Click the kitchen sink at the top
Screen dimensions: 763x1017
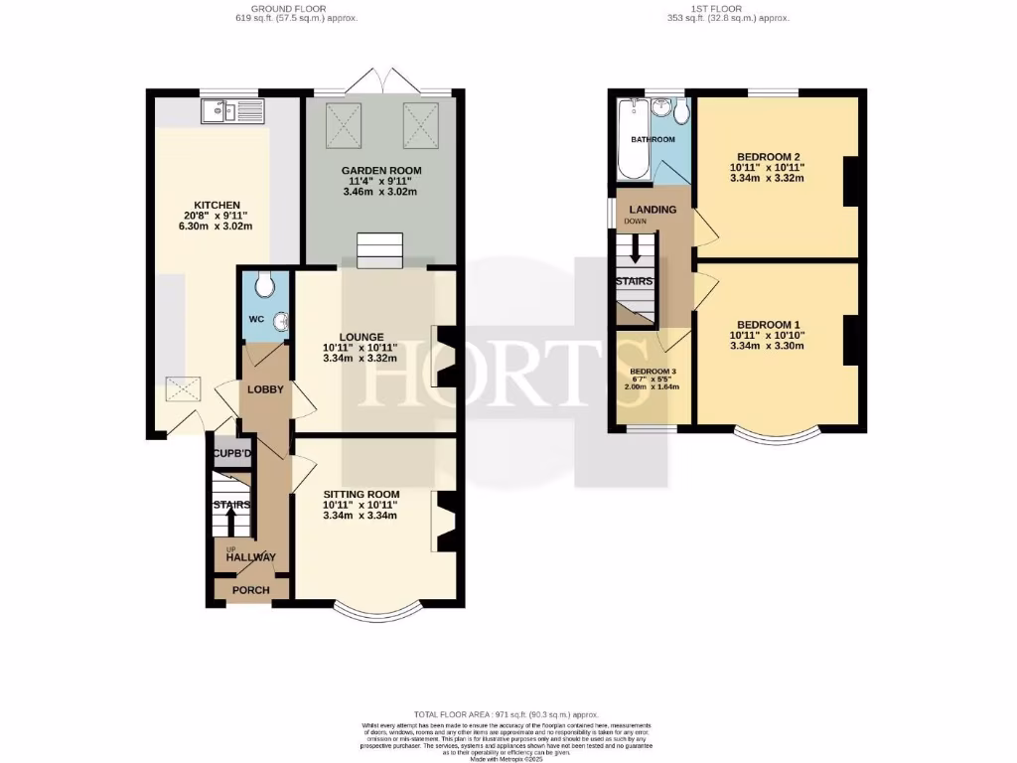pyautogui.click(x=230, y=112)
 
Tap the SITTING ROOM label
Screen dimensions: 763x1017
pyautogui.click(x=362, y=494)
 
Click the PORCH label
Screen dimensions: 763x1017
pyautogui.click(x=250, y=590)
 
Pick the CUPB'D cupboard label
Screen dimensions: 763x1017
pyautogui.click(x=231, y=454)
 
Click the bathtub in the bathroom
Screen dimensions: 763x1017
pyautogui.click(x=632, y=140)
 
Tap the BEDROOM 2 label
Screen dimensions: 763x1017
pyautogui.click(x=768, y=156)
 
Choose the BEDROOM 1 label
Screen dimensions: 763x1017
pyautogui.click(x=768, y=325)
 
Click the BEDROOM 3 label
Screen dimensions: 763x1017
pyautogui.click(x=653, y=371)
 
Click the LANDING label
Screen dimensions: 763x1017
pyautogui.click(x=653, y=209)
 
